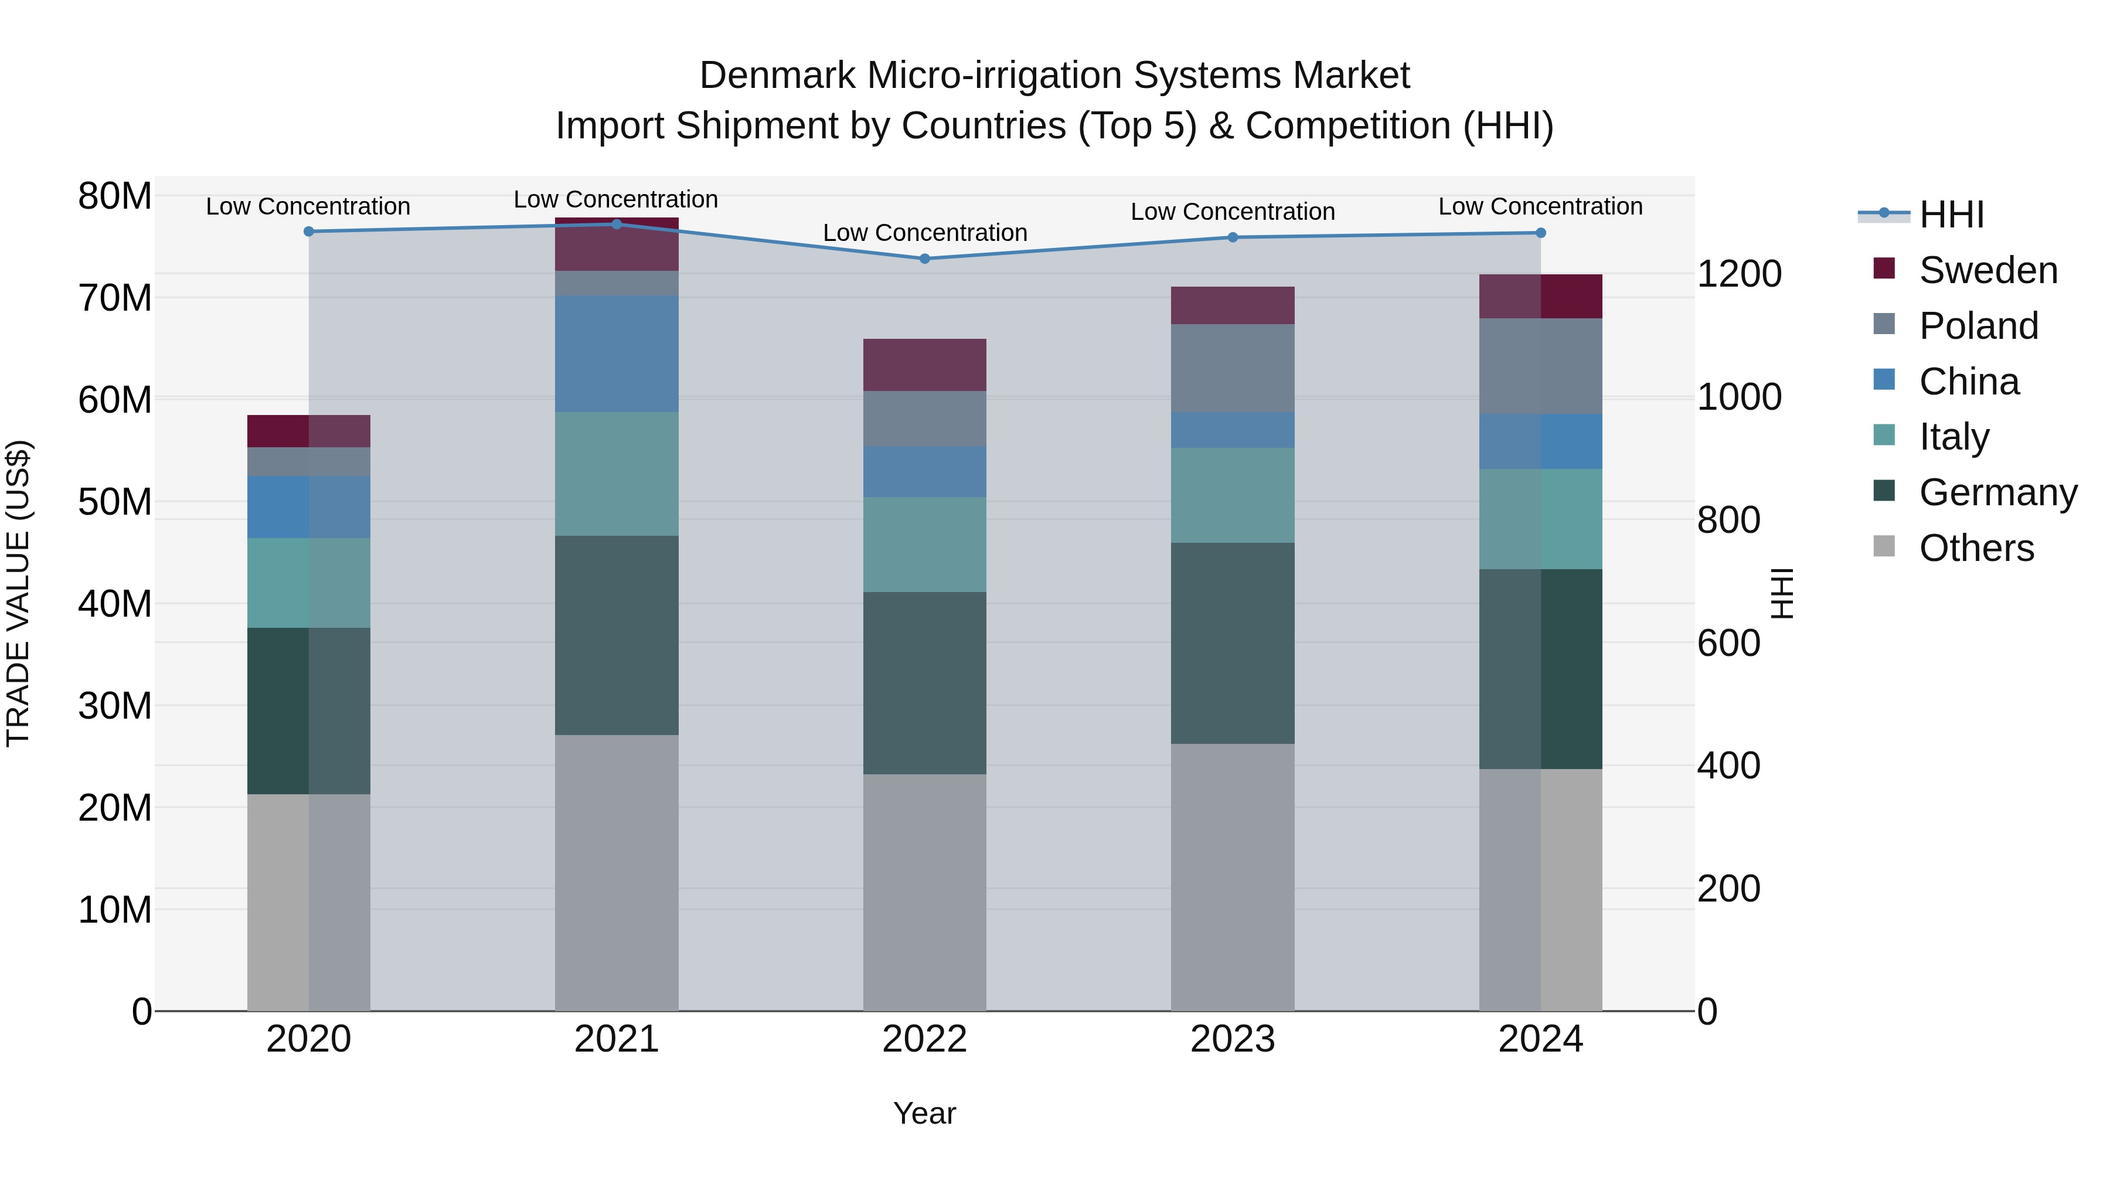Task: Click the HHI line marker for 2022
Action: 925,259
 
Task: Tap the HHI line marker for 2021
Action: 617,225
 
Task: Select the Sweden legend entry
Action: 1988,270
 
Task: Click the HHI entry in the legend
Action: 1951,215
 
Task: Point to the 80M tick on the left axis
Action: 115,196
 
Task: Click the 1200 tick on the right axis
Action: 1739,274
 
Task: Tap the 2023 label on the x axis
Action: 1232,1039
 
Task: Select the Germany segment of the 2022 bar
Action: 925,683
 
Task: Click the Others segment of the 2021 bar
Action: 617,872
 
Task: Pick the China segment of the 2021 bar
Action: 617,354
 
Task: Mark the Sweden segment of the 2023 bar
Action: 1232,305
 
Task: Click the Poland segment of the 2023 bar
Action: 1232,369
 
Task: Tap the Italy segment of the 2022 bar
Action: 925,545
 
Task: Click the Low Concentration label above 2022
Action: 925,233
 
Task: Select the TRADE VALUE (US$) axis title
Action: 18,593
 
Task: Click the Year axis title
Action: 925,1113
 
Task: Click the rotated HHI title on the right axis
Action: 1782,593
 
